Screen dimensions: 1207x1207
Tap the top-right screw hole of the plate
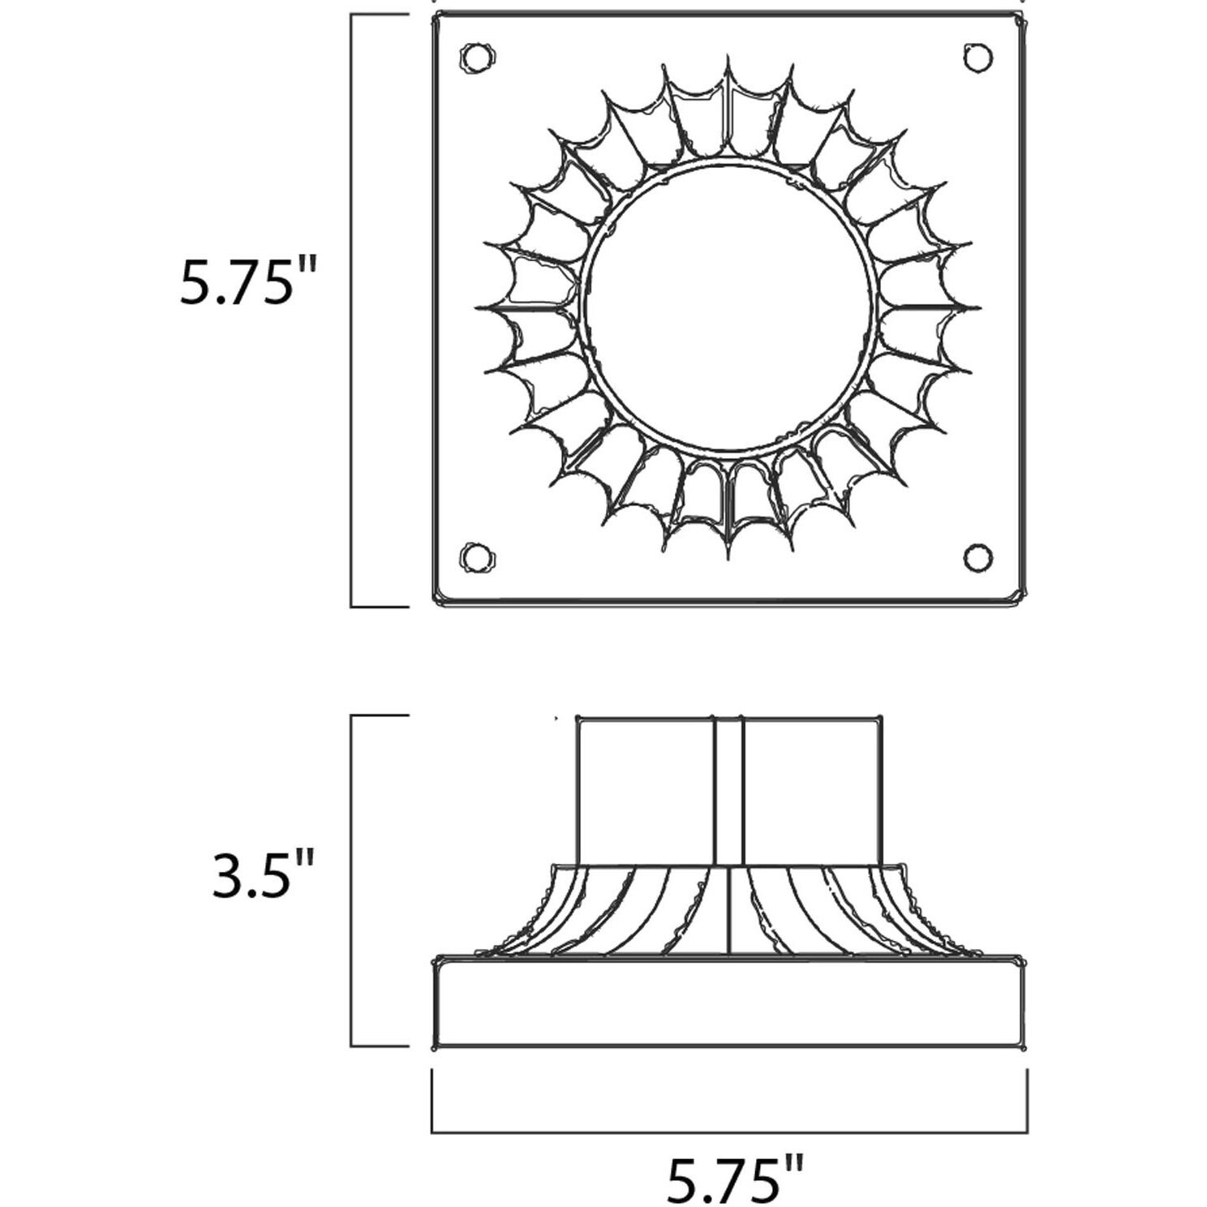977,57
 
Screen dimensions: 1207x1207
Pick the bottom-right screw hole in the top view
977,557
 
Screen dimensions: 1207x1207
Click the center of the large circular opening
728,307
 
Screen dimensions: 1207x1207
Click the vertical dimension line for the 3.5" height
351,881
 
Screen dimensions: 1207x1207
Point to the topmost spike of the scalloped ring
728,62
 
